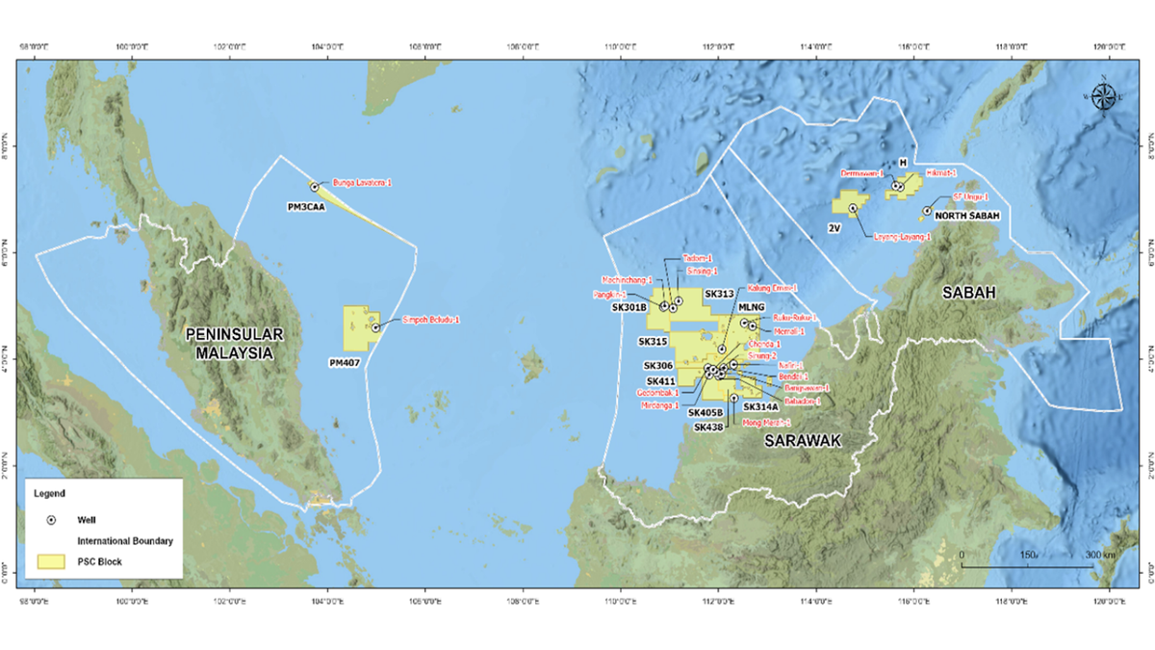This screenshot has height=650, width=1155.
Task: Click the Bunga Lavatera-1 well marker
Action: tap(315, 187)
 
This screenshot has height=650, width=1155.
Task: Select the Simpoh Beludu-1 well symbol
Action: tap(375, 327)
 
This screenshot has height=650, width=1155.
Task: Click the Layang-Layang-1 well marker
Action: tap(853, 208)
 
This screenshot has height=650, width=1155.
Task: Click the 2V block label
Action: tap(835, 229)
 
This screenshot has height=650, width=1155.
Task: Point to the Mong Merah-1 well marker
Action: tap(734, 398)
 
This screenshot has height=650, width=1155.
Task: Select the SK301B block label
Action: tap(629, 307)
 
